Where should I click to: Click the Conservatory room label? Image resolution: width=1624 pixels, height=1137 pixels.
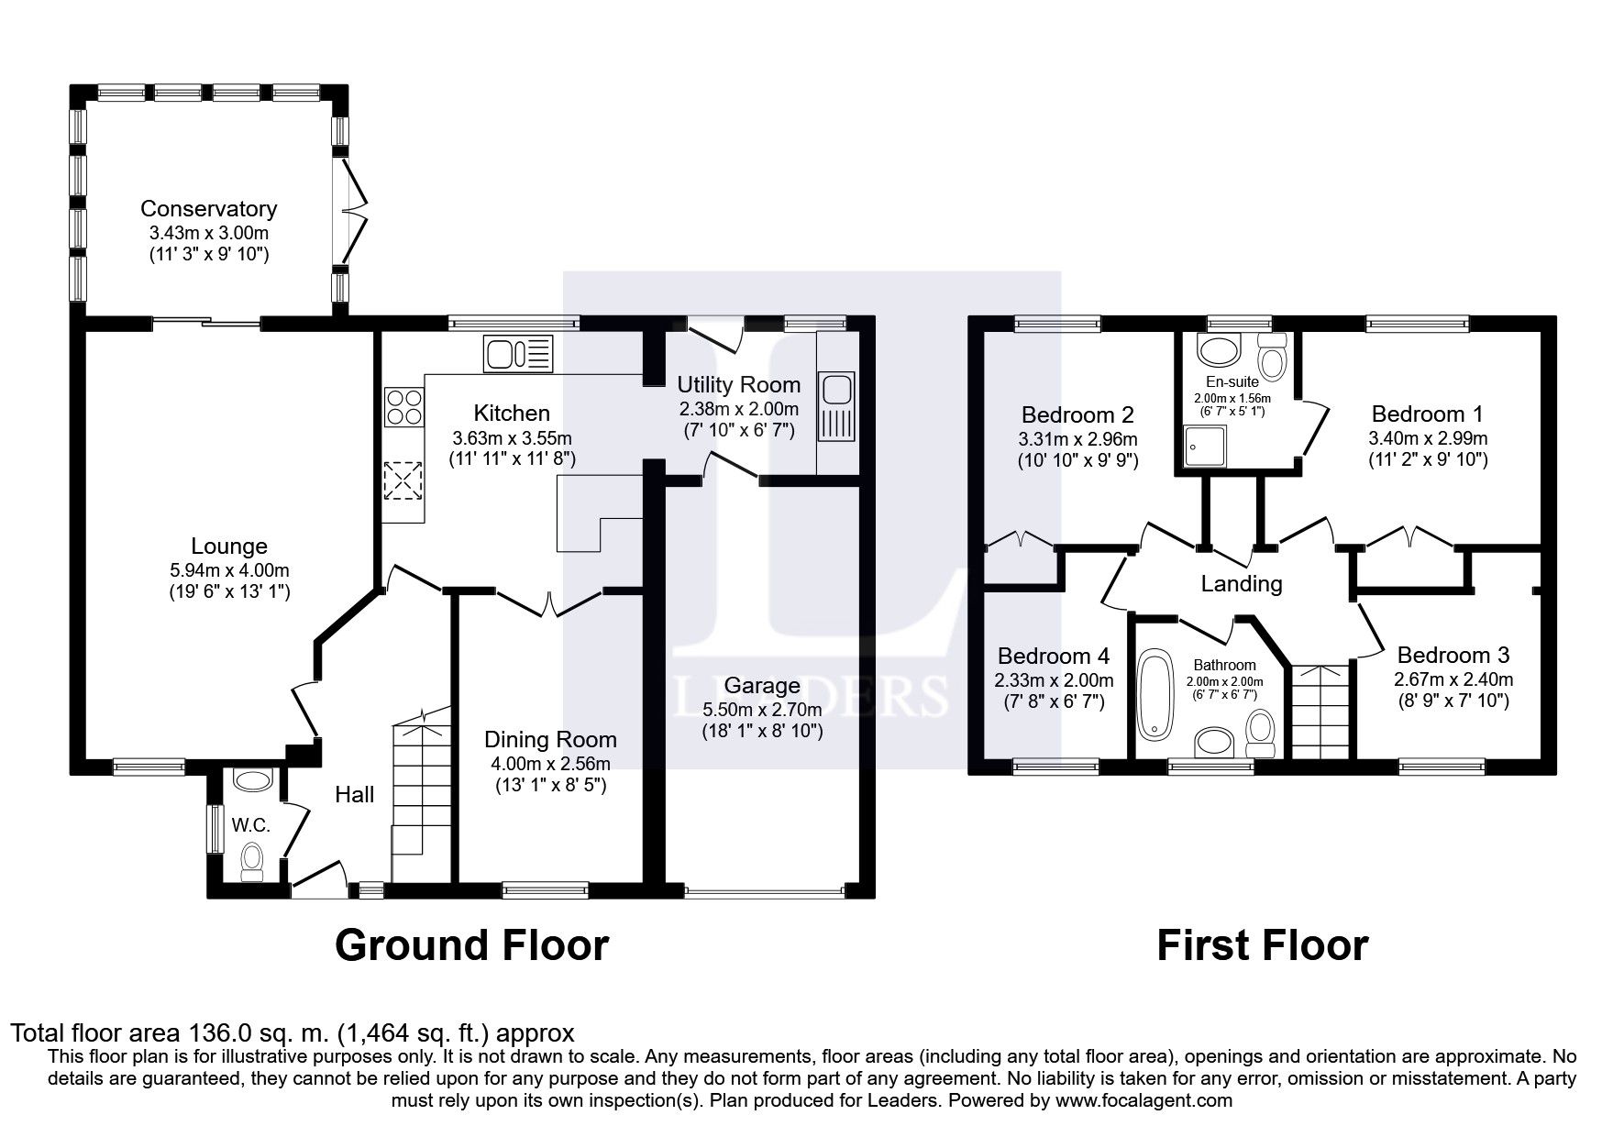point(208,209)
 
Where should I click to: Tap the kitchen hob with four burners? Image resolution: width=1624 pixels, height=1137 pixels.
point(404,406)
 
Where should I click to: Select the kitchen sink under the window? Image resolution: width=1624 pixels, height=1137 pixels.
point(519,354)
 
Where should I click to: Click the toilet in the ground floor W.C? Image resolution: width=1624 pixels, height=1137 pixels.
point(251,863)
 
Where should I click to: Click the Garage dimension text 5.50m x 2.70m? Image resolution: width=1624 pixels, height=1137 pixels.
point(762,710)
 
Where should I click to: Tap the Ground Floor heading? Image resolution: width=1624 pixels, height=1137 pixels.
point(471,945)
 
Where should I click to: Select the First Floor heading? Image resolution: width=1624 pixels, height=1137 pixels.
point(1262,945)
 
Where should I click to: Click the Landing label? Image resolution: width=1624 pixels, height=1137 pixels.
point(1242,583)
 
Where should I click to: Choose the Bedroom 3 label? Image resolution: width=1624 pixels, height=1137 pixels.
point(1453,656)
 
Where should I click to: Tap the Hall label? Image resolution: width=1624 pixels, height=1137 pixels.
point(354,794)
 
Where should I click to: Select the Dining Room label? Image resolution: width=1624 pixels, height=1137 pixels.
point(550,740)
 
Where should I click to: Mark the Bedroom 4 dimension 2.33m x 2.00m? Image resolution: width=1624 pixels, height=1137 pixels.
point(1055,680)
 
